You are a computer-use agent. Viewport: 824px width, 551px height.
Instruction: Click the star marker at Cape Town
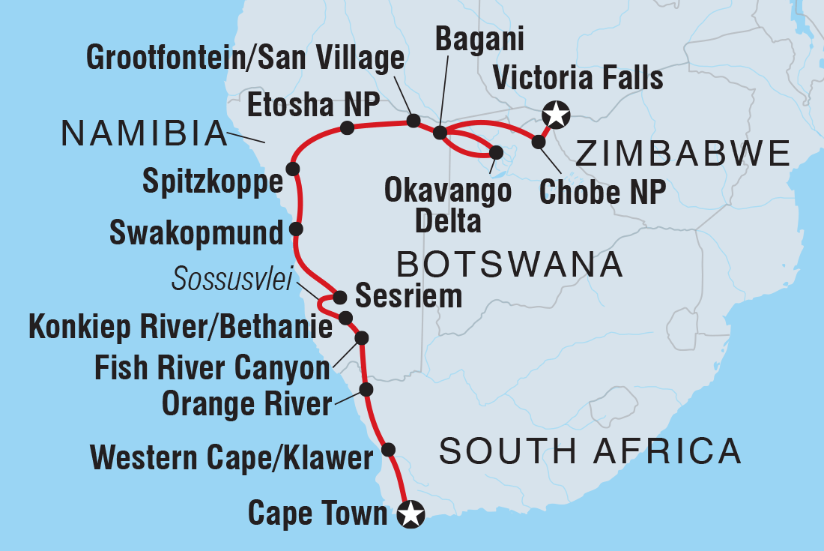pos(411,514)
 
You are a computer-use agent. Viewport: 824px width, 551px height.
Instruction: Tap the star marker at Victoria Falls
pos(557,115)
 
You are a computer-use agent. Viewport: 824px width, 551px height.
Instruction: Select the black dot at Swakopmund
pos(296,229)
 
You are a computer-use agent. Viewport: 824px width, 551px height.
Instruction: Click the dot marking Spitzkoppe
pos(292,168)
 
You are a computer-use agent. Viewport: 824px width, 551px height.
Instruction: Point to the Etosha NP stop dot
pos(347,128)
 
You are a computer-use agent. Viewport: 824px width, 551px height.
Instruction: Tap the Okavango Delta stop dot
pos(495,152)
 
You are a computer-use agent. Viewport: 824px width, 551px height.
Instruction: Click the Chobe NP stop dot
pos(538,141)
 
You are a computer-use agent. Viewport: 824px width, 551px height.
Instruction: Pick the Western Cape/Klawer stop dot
pos(388,450)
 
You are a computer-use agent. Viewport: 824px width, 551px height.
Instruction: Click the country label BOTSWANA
pos(509,265)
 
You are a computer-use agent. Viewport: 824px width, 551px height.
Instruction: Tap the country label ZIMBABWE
pos(682,154)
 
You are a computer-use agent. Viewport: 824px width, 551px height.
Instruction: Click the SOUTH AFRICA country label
pos(590,451)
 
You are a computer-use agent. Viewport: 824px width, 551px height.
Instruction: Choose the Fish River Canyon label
pos(212,368)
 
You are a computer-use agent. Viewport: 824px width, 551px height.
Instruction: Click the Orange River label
pos(246,405)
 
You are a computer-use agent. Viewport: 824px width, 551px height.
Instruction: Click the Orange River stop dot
pos(366,389)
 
